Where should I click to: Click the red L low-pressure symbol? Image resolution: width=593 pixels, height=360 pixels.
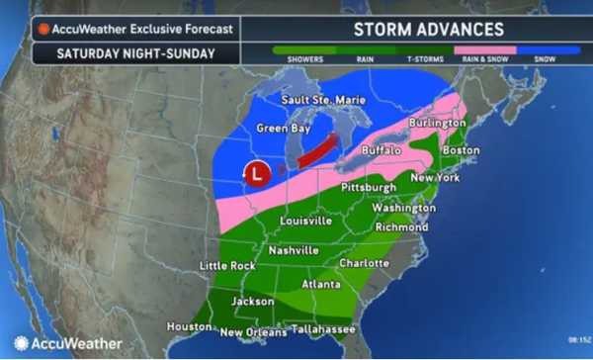257,174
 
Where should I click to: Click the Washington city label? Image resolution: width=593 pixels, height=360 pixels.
403,209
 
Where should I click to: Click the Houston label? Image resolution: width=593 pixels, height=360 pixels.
190,326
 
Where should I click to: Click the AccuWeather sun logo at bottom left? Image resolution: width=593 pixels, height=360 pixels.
20,343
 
